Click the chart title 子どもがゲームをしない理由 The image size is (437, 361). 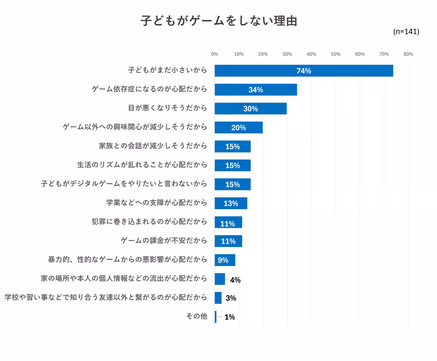click(x=219, y=21)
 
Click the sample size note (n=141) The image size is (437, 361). click(x=406, y=32)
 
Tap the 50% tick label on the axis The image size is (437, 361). click(x=335, y=54)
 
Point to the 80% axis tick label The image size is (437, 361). click(x=408, y=54)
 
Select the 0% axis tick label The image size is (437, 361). click(x=214, y=54)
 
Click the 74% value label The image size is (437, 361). click(x=304, y=71)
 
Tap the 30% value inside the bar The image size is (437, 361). click(x=251, y=109)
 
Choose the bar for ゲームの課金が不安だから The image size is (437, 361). click(x=228, y=241)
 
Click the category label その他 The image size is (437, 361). click(x=196, y=316)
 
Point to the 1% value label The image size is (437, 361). click(x=230, y=317)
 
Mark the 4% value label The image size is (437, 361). click(x=235, y=280)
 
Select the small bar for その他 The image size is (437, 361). click(x=216, y=317)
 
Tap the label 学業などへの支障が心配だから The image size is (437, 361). click(x=157, y=202)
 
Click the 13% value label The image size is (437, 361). click(x=231, y=203)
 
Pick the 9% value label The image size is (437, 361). click(x=223, y=260)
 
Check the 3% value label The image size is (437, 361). click(x=231, y=298)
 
